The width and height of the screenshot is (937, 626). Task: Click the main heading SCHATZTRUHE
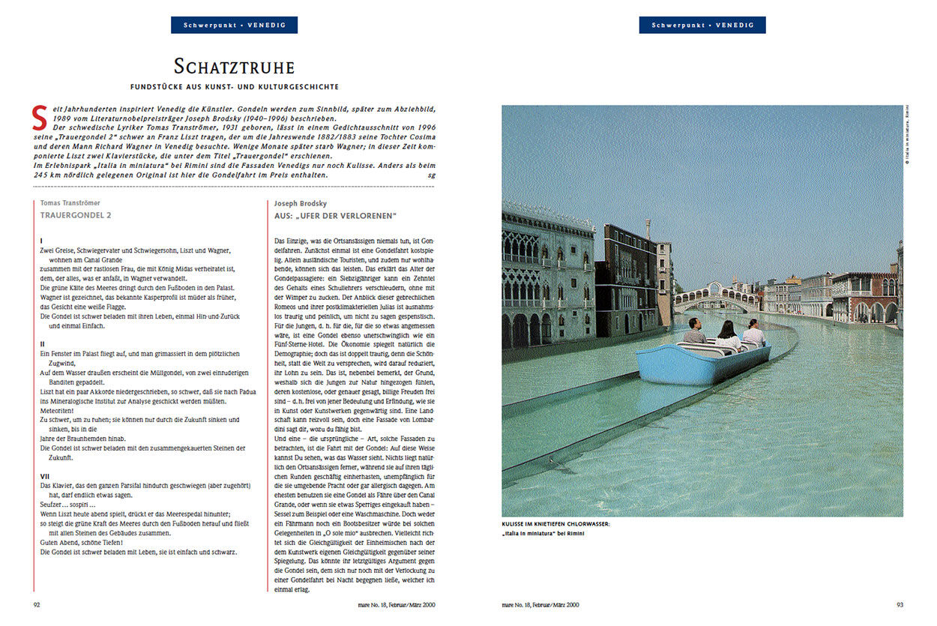click(x=234, y=66)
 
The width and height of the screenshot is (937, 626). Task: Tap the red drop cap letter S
click(x=40, y=117)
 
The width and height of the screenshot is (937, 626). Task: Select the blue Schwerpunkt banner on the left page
click(x=234, y=25)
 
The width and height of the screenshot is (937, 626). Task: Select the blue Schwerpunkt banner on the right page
click(x=702, y=25)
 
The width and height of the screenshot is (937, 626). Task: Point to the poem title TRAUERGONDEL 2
click(x=76, y=214)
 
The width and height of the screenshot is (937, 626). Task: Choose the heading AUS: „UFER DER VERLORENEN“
click(x=335, y=214)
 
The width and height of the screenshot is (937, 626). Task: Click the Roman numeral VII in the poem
click(x=45, y=476)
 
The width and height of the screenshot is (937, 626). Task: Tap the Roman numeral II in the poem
click(x=42, y=343)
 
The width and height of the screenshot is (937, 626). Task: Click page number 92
click(x=37, y=604)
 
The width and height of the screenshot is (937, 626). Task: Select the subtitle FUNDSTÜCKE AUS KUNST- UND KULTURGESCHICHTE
click(x=234, y=87)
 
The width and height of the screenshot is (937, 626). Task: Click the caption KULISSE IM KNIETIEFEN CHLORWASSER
click(x=556, y=524)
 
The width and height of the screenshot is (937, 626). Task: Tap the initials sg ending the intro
click(x=431, y=175)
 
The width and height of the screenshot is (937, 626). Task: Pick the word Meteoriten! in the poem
click(x=57, y=410)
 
